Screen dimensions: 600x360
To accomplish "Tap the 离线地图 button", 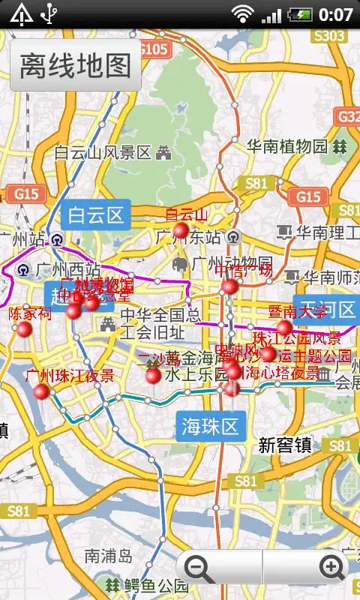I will point(75,65).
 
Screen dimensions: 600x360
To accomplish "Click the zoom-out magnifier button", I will point(199,568).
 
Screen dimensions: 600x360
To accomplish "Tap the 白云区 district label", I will point(95,216).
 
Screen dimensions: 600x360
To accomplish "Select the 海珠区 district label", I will point(210,427).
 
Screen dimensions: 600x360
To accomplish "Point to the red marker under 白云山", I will point(181,230).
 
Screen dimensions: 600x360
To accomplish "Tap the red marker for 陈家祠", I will point(24,329).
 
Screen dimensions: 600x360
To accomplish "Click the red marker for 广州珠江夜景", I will point(41,391).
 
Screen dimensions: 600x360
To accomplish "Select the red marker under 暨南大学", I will point(284,328).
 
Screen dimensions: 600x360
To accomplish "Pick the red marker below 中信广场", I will point(229,286).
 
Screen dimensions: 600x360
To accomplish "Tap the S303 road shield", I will point(329,35).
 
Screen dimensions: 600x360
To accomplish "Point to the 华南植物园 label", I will point(288,145).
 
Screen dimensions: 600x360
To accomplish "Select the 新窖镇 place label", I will point(285,445).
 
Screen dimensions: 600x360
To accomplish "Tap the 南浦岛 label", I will point(108,556).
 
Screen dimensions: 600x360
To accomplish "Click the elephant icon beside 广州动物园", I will point(180,264).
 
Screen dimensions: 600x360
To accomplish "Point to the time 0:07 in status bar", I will point(335,13).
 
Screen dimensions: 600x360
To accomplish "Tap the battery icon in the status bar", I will point(300,13).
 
